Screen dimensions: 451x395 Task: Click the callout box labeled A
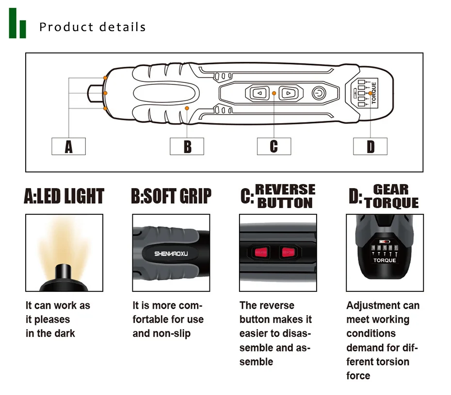click(x=68, y=146)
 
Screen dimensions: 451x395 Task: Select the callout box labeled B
click(x=187, y=146)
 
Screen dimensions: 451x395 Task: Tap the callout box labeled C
click(x=274, y=146)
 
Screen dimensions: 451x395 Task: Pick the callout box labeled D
click(x=370, y=146)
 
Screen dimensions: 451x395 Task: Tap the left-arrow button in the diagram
click(x=260, y=92)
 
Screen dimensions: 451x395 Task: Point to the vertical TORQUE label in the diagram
click(x=373, y=93)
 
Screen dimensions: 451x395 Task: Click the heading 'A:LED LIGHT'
click(x=64, y=196)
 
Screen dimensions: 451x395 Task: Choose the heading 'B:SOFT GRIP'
click(x=171, y=196)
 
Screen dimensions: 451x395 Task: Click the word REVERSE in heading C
click(x=285, y=189)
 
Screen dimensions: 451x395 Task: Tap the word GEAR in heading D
click(x=390, y=189)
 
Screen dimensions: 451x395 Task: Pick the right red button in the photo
click(x=287, y=252)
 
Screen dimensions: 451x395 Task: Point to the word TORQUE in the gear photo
click(x=385, y=260)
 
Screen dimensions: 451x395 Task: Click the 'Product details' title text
click(x=93, y=27)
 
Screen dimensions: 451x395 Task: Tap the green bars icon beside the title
click(x=17, y=23)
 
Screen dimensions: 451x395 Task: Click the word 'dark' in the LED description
click(x=64, y=333)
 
